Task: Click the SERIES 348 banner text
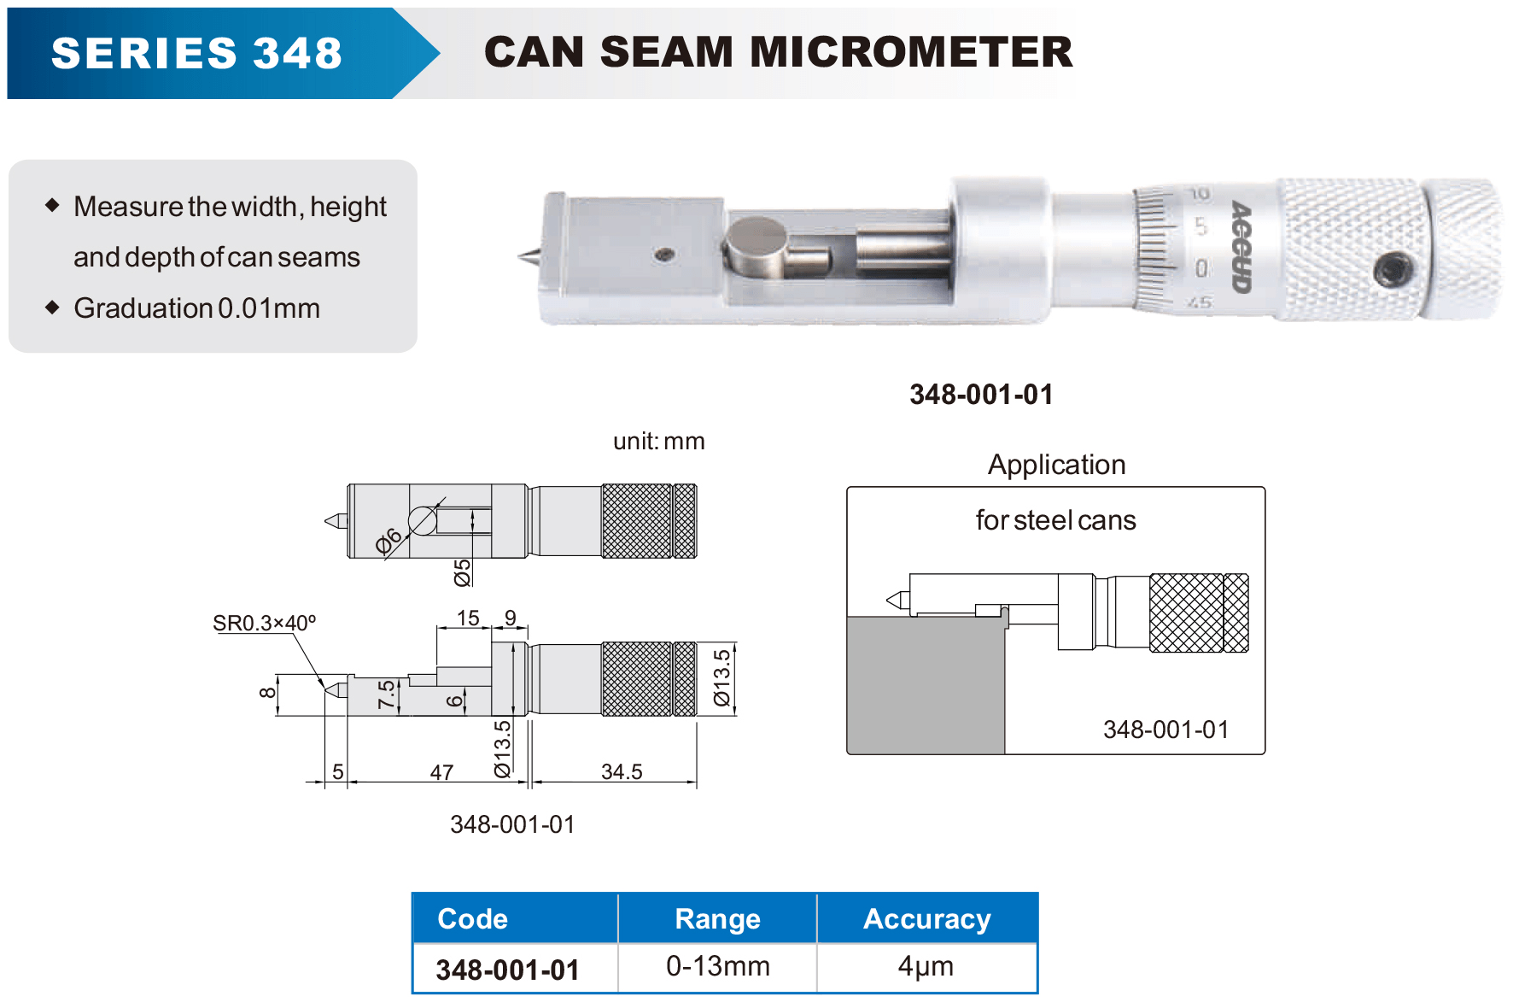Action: coord(196,53)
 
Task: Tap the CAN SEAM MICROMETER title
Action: coord(778,52)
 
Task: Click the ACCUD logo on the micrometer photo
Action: coord(1241,247)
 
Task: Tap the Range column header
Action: coord(717,918)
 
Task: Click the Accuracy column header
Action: coord(927,918)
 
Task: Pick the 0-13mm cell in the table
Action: coord(718,966)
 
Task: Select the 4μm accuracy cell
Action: coord(926,966)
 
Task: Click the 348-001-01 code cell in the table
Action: coord(507,970)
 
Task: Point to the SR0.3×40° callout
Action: coord(264,623)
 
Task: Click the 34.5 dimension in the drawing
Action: coord(622,771)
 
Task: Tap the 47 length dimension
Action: coord(441,772)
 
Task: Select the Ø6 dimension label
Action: coord(388,541)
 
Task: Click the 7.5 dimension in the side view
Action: coord(387,694)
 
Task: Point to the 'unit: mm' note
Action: coord(659,441)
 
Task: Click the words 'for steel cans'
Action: coord(1055,520)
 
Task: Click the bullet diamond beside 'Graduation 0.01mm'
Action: coord(53,308)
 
